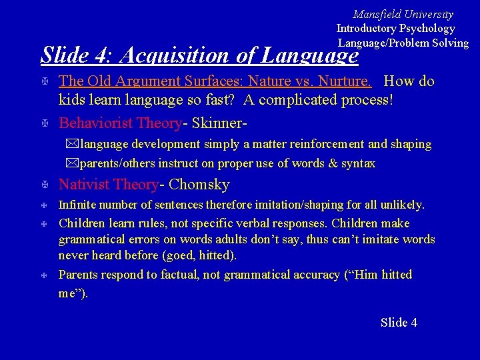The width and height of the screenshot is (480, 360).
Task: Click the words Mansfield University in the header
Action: click(403, 14)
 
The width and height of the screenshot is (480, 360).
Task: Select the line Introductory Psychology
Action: click(395, 28)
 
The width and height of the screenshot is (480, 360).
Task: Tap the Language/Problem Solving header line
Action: click(403, 43)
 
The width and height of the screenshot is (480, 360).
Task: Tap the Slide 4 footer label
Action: click(399, 323)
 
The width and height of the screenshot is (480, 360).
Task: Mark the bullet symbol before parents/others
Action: click(72, 163)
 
